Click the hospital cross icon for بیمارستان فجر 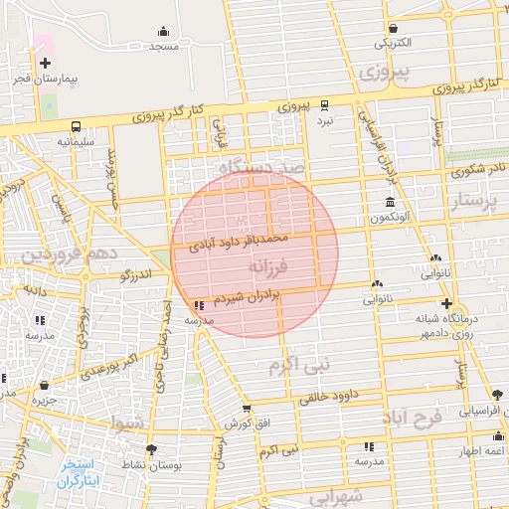45,63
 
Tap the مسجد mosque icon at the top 163,32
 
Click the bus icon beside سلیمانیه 76,126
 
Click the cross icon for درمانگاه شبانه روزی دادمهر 446,304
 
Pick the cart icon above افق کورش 246,408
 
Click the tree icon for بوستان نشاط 141,449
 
